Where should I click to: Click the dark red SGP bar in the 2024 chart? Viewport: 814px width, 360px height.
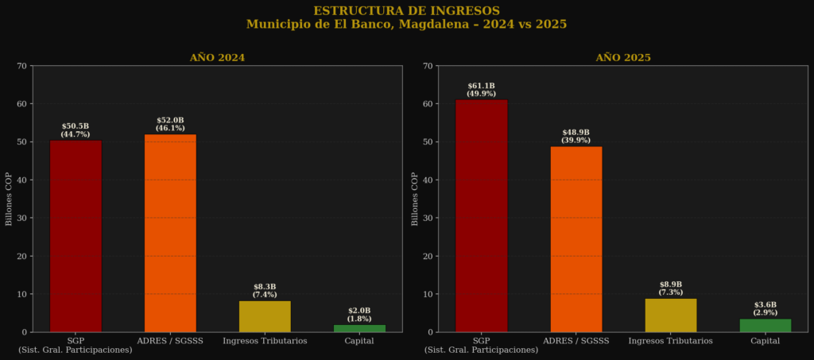[76, 236]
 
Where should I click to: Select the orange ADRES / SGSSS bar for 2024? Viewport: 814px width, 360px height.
[170, 233]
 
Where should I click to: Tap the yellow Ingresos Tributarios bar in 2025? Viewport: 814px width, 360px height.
[671, 315]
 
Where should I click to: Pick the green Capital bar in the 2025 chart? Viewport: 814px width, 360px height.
[766, 325]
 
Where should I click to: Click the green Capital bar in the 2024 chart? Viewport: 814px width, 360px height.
[359, 328]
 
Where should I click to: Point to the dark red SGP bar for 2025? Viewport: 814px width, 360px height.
[481, 216]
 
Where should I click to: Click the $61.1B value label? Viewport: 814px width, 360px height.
[481, 86]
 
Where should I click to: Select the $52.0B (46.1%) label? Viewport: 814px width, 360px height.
[170, 124]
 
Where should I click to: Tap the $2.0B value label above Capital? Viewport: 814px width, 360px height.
[359, 311]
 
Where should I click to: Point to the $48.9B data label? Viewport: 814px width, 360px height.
[576, 132]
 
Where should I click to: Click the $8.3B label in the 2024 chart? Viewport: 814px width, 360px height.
[265, 286]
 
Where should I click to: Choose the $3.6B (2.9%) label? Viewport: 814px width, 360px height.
[766, 308]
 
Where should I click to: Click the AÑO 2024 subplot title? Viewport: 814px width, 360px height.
[217, 57]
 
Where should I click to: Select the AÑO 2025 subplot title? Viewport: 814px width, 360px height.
[623, 57]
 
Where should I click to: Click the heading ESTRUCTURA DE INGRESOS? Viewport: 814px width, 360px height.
[406, 11]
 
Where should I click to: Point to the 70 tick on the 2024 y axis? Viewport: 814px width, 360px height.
[21, 66]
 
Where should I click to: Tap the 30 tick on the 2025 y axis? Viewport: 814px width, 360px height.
[428, 218]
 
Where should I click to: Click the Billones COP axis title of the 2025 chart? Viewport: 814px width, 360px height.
[414, 199]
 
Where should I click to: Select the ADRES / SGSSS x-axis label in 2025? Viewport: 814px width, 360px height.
[576, 341]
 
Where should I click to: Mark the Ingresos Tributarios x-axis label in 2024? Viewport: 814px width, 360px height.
[265, 341]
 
